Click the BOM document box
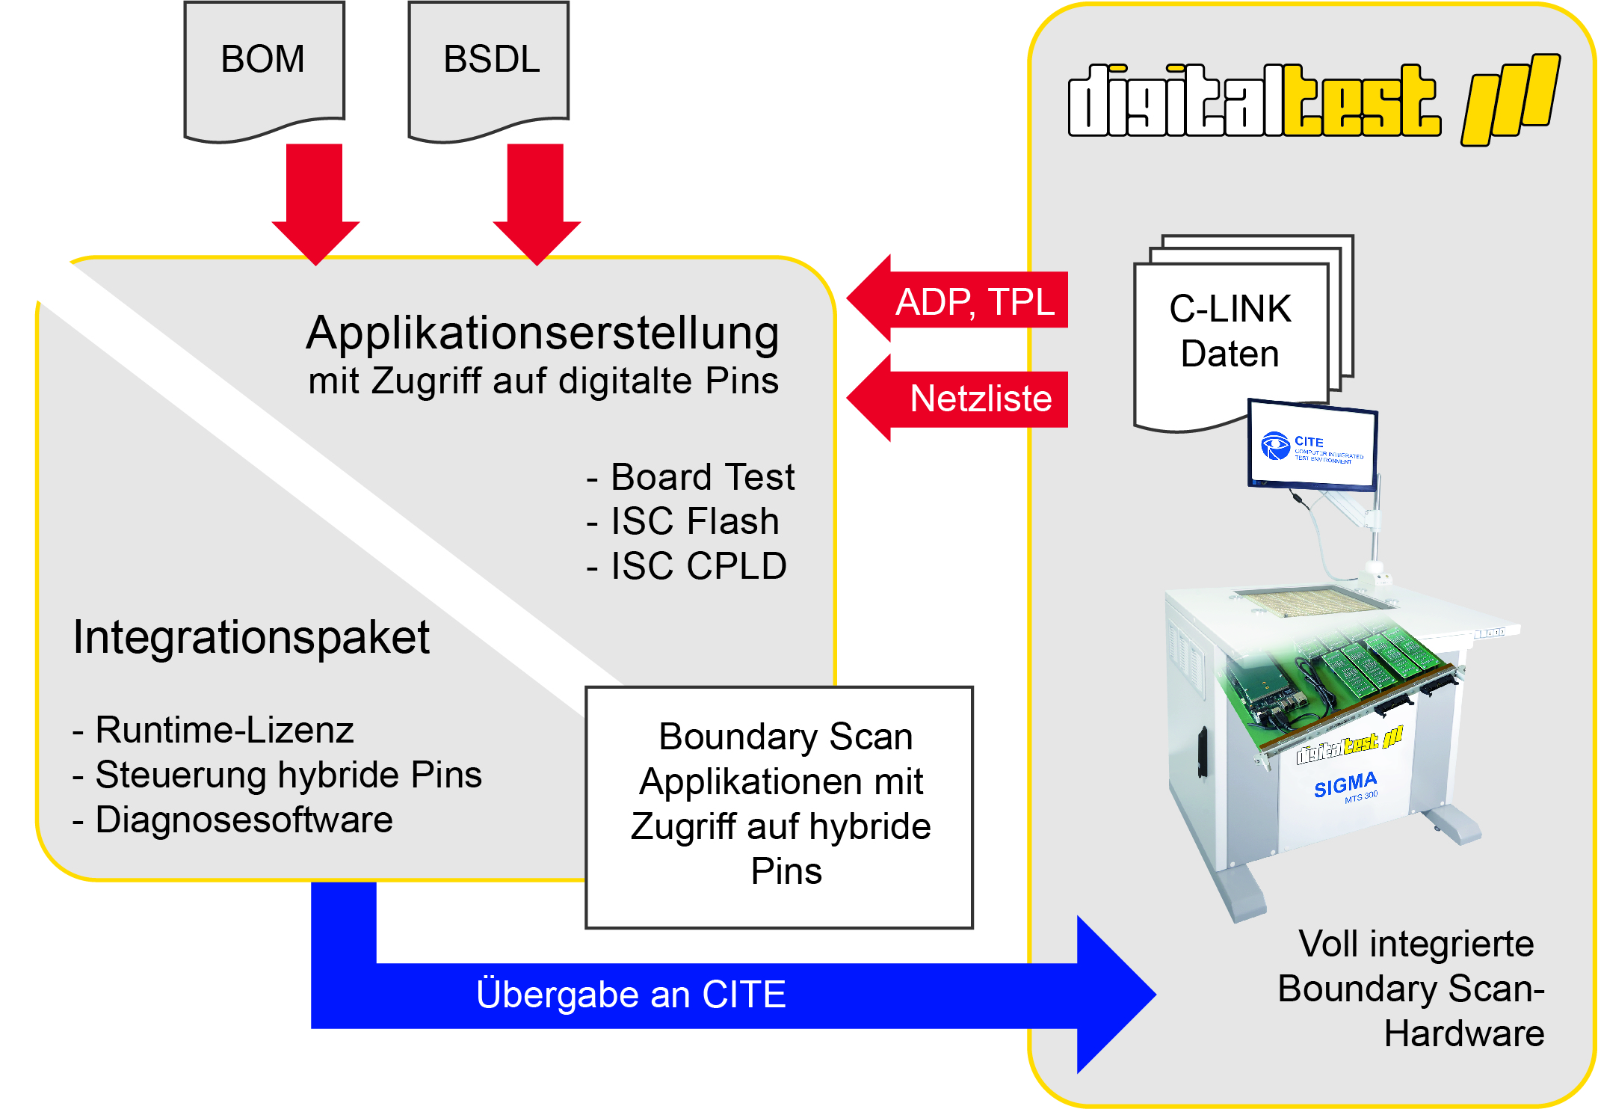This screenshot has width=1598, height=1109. (x=264, y=71)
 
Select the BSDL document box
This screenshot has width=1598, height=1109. (x=488, y=71)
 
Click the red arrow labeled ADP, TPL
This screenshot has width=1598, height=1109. (x=957, y=299)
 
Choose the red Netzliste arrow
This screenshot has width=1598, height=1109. (x=957, y=399)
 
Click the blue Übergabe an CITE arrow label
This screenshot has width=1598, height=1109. (x=631, y=995)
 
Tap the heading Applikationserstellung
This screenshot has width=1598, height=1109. (x=543, y=333)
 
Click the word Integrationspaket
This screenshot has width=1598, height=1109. (x=251, y=637)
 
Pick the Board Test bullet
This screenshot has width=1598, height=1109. (x=691, y=477)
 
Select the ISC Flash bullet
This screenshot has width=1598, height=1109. (x=682, y=521)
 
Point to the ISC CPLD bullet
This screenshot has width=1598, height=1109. (x=686, y=566)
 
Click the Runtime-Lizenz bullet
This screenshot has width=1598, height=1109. (x=213, y=730)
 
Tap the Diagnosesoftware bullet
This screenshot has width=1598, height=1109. (x=232, y=820)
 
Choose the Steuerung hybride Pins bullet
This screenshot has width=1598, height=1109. (x=277, y=775)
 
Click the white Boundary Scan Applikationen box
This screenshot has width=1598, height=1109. (x=780, y=808)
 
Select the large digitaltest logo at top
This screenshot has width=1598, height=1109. (x=1314, y=100)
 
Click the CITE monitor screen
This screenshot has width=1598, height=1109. (x=1313, y=446)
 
